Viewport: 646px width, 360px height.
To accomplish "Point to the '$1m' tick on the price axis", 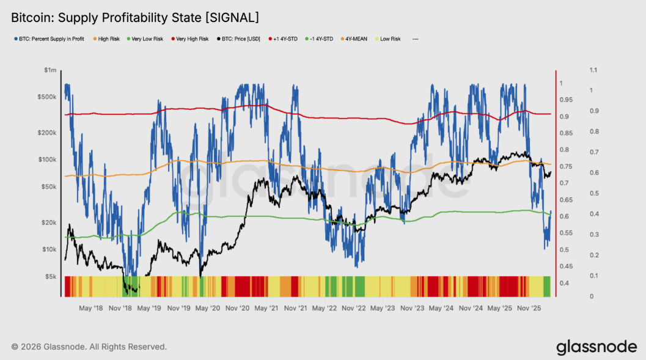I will (x=50, y=70).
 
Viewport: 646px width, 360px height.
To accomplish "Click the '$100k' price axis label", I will (x=47, y=160).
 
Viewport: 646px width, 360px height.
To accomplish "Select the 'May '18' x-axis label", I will (x=90, y=308).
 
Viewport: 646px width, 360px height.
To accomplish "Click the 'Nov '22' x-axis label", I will (x=353, y=308).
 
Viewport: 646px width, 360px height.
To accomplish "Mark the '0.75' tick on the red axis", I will (x=566, y=166).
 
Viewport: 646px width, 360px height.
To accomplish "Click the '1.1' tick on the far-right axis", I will (x=592, y=70).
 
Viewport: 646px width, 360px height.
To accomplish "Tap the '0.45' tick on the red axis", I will (x=566, y=266).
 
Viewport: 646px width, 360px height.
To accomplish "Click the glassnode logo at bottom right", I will (x=596, y=347).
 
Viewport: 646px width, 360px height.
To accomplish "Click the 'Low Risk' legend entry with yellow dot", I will (x=390, y=39).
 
